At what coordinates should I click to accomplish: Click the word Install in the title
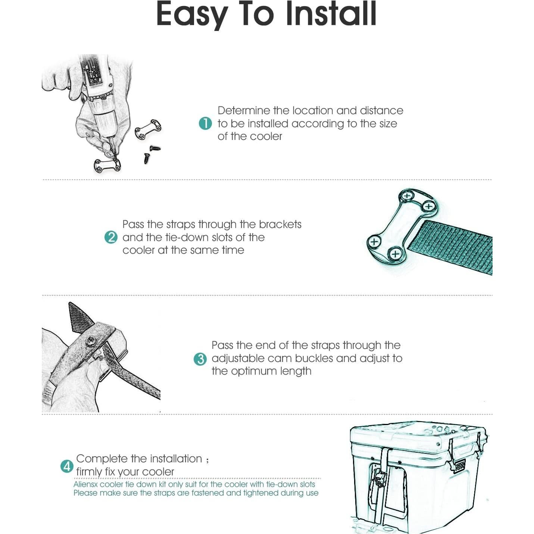point(331,14)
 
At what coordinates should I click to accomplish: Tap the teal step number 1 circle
point(205,123)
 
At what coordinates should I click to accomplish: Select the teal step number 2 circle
point(111,237)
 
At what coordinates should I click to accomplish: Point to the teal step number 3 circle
point(200,359)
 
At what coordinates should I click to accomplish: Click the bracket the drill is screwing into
point(107,166)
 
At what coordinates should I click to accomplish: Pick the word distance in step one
point(381,110)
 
